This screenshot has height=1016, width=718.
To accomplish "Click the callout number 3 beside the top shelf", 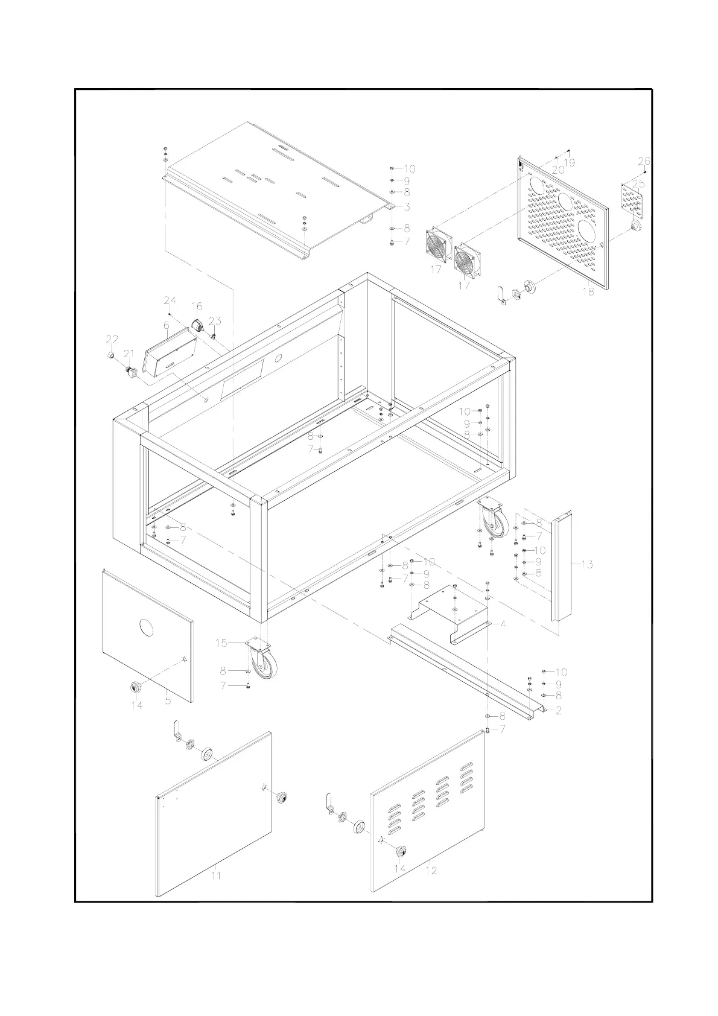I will (x=407, y=207).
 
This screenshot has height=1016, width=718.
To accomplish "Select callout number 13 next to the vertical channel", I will (x=587, y=565).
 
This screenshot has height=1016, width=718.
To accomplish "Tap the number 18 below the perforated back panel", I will (x=588, y=291).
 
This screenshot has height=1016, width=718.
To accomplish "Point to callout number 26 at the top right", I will (x=644, y=161).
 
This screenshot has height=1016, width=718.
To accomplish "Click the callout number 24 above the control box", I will (x=170, y=300).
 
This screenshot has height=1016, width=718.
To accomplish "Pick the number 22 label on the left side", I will (x=112, y=339).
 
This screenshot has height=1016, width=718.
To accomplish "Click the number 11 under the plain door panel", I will (x=216, y=875).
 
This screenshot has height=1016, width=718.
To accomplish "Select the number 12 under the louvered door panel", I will (x=431, y=871).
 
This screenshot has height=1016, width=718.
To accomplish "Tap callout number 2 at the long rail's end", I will (x=559, y=711).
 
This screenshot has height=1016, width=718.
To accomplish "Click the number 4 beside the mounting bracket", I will (x=503, y=624).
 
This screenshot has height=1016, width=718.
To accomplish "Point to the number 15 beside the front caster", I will (x=221, y=643).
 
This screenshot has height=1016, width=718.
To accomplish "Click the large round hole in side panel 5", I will (x=147, y=628).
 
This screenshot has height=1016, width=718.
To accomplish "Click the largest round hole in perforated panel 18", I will (x=587, y=230).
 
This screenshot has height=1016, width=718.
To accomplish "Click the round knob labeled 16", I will (x=199, y=325).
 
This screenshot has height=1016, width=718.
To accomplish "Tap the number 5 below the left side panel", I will (x=168, y=700).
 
